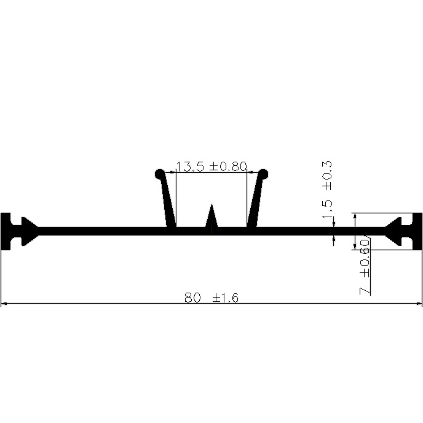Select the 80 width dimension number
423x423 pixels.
tap(193, 298)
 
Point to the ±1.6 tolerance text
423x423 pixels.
tap(226, 298)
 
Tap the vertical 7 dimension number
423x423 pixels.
tap(365, 289)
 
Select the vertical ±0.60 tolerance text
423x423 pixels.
tap(365, 258)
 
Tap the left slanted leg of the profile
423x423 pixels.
tap(167, 203)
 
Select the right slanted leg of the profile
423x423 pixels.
tap(256, 203)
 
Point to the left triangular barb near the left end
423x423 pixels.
tap(27, 231)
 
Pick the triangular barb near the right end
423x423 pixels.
tap(393, 231)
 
